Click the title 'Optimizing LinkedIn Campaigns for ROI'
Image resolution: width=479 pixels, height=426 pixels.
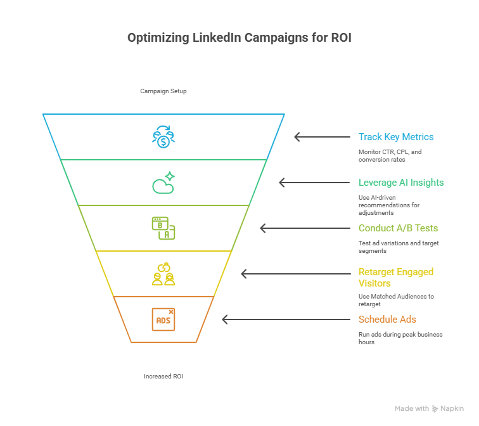coord(239,38)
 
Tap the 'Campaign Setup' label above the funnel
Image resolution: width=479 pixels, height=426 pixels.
coord(163,91)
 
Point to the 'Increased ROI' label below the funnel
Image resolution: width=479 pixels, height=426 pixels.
coord(163,377)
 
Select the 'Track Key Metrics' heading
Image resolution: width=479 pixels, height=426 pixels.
coord(396,137)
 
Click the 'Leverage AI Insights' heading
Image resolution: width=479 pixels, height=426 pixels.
coord(401,183)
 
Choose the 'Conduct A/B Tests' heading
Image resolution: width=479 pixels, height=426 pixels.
coord(398,228)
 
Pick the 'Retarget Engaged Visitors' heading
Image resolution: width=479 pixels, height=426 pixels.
coord(396,278)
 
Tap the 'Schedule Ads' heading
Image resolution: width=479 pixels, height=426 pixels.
coord(387,319)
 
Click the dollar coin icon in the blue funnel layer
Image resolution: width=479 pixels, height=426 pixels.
coord(163,137)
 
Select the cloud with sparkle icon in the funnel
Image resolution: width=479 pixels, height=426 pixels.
coord(163,183)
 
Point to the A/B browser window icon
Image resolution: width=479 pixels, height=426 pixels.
coord(163,228)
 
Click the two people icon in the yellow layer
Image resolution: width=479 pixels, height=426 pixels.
coord(163,274)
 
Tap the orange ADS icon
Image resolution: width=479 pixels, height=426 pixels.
coord(163,319)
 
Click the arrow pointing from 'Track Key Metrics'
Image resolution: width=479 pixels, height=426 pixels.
coord(322,137)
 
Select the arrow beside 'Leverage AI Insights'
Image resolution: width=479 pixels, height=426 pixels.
coord(314,183)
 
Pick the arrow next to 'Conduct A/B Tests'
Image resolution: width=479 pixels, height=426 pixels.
coord(305,228)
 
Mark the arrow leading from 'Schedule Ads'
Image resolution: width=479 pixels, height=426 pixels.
coord(286,319)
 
